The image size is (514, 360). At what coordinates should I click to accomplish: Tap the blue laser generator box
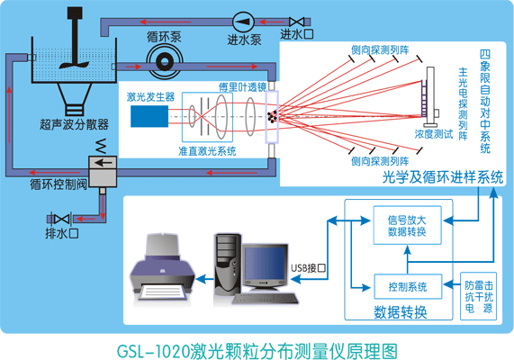pyautogui.click(x=148, y=116)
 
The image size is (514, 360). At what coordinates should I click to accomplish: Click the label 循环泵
pyautogui.click(x=164, y=37)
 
